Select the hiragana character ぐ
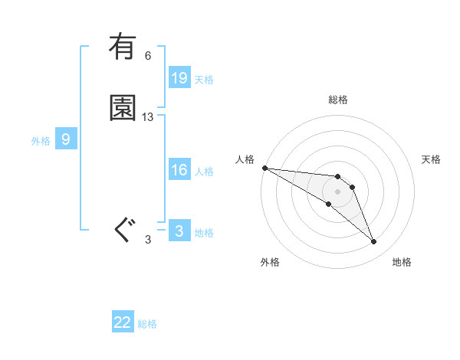coord(124,229)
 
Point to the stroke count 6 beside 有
coord(148,56)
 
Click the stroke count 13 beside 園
coord(148,117)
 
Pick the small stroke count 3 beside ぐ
coord(148,240)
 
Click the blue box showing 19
coord(179,78)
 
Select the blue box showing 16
coord(179,170)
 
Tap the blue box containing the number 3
coord(179,231)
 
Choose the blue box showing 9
coord(66,139)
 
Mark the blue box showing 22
coord(123,322)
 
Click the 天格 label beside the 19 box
coord(204,79)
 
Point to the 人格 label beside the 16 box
coord(204,171)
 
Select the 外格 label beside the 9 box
coord(41,140)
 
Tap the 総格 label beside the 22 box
coord(147,323)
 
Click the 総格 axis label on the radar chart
coord(338,100)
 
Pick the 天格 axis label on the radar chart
coord(432,159)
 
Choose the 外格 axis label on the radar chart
coord(270,262)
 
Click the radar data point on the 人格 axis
coord(264,168)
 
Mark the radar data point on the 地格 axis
coord(373,242)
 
